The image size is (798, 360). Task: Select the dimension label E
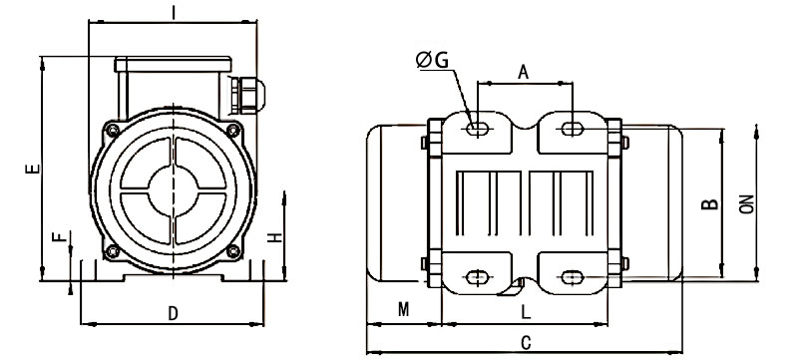[x=32, y=171]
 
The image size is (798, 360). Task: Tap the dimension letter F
[x=59, y=237]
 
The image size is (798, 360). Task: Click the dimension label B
[x=708, y=204]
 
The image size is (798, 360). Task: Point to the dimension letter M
[x=403, y=310]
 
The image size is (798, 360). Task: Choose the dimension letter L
[x=526, y=311]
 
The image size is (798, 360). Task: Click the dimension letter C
[x=526, y=342]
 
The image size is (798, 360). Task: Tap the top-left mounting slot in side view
[x=478, y=129]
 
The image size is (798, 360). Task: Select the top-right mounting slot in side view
[x=573, y=129]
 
